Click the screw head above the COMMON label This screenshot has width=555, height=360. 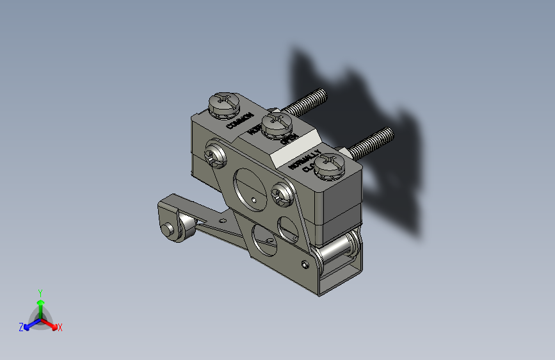click(x=224, y=104)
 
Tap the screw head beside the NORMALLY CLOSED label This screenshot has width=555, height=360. click(x=330, y=165)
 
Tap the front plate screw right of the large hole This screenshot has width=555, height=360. click(x=282, y=193)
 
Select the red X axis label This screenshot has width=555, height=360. click(x=60, y=328)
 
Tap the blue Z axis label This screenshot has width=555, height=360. click(x=21, y=327)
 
